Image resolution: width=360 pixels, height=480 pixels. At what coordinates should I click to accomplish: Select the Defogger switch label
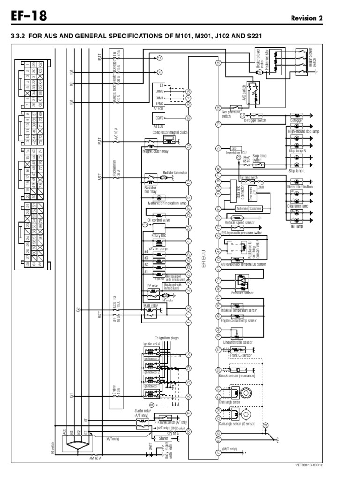pos(255,120)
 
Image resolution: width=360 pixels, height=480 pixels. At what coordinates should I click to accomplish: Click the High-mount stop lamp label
pos(303,132)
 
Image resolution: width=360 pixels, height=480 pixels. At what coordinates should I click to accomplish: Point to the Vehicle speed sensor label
pos(240,223)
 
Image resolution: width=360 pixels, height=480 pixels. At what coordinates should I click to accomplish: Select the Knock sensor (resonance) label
pos(237,376)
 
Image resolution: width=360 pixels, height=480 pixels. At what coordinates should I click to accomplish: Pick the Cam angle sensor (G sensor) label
pos(243,423)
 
